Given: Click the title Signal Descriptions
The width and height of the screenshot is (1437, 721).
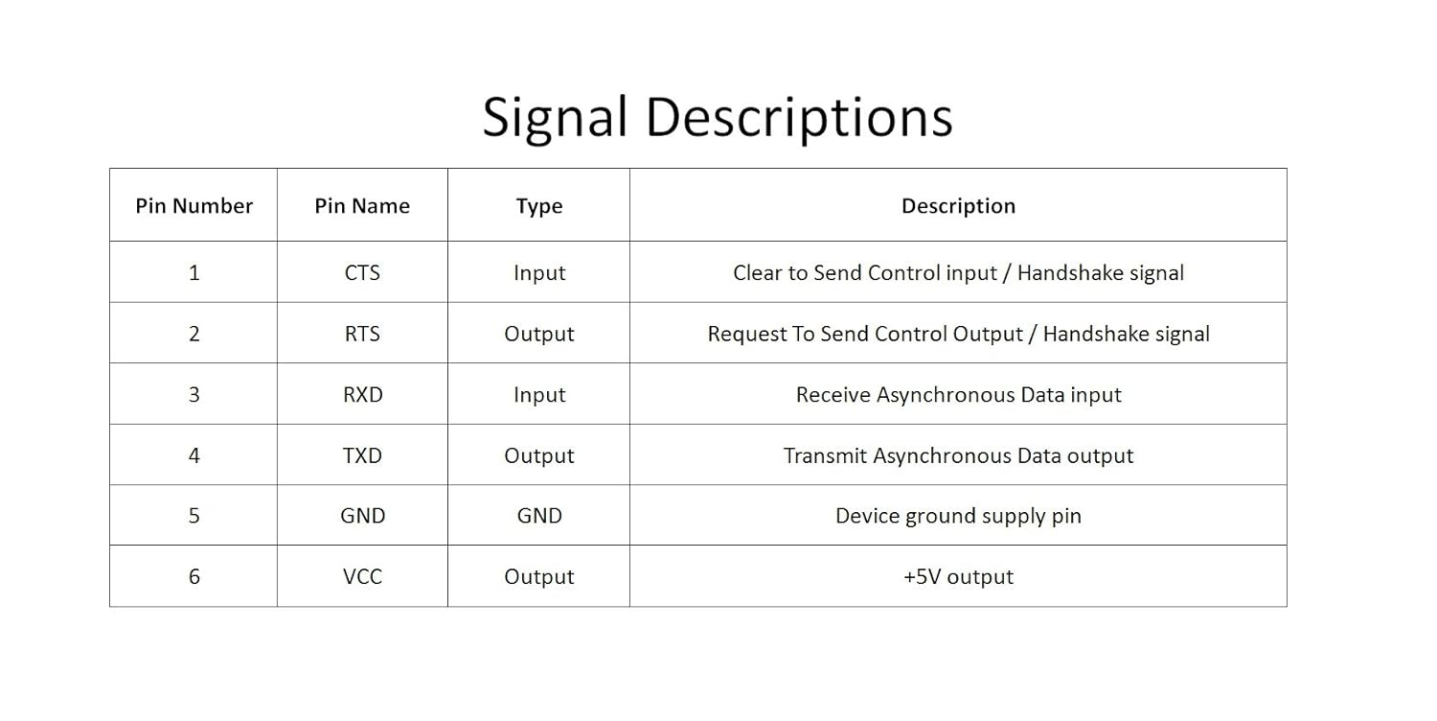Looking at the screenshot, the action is [718, 118].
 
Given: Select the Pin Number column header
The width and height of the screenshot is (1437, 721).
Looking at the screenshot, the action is [194, 205].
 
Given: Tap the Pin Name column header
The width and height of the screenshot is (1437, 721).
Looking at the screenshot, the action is [362, 205].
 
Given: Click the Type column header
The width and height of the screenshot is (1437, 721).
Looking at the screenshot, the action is [538, 206].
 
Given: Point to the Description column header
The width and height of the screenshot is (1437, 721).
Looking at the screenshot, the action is [958, 206].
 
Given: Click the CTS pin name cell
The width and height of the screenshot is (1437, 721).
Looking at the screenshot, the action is [362, 273].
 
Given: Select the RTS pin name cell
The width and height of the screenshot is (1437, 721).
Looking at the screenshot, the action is [362, 334].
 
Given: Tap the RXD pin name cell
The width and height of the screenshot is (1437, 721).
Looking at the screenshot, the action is [362, 394].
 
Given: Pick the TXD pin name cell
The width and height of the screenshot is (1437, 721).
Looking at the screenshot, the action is [362, 455].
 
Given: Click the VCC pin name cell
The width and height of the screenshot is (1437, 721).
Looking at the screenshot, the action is [362, 576].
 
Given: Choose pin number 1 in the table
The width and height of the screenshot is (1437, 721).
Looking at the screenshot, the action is [194, 273].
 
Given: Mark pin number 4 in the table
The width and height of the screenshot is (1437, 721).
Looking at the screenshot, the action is [194, 455].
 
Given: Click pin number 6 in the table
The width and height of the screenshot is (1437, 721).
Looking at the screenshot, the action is [194, 576].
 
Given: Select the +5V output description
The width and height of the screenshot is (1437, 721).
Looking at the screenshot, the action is [958, 576].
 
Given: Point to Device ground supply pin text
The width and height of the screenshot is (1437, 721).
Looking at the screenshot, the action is [958, 516].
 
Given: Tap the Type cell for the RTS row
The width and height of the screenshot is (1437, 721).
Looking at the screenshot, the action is [538, 335].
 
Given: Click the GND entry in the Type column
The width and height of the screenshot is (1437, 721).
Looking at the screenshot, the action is [538, 516].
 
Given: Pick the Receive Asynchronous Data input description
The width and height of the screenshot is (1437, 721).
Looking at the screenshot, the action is [958, 395].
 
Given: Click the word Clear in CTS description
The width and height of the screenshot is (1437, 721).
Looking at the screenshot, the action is [757, 273].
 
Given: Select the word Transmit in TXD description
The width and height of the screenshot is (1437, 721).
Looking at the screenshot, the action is [825, 455].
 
